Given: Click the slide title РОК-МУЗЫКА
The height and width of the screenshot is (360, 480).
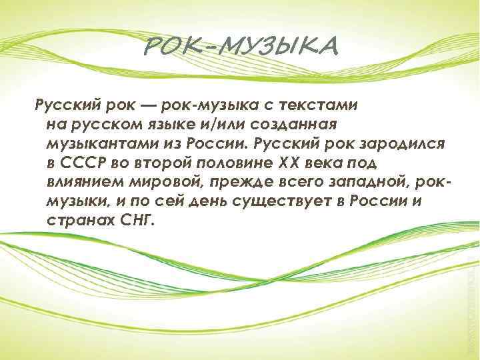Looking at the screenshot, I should click(241, 47).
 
